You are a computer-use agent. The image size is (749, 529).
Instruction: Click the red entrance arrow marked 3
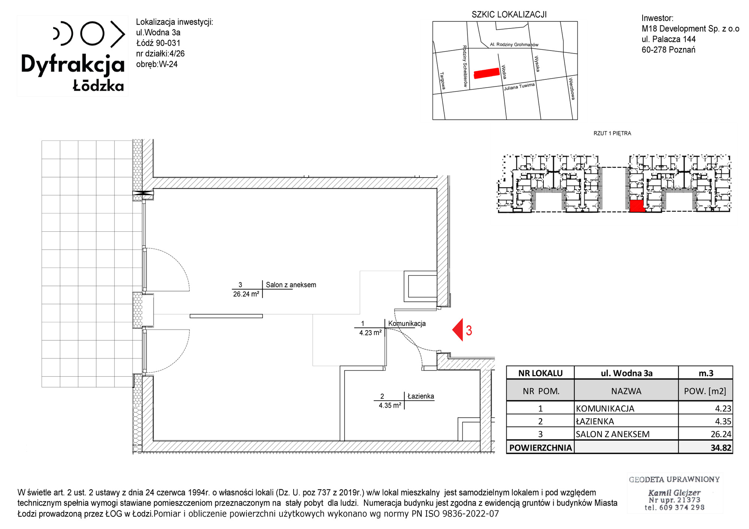458,330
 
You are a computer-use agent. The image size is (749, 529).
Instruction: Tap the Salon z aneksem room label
291,285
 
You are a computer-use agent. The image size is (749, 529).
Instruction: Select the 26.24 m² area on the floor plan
246,294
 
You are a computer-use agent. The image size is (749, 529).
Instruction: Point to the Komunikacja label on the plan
407,323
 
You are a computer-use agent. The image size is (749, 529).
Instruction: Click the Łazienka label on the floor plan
421,396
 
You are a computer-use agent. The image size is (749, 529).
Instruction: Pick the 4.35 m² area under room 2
390,405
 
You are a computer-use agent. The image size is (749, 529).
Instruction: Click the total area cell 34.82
721,448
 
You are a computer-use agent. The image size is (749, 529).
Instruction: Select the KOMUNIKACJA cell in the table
605,408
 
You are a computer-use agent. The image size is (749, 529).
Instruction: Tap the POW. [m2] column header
705,391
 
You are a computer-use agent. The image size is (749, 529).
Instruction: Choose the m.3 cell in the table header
706,373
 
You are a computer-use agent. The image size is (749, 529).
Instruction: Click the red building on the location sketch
487,73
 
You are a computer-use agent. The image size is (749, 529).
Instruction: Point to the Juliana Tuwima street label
519,87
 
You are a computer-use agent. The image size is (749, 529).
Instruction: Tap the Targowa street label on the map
443,81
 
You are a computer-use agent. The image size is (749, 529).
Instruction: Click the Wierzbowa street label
571,88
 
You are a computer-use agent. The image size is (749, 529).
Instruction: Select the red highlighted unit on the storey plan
637,206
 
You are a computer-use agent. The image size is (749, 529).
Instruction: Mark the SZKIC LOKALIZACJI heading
509,15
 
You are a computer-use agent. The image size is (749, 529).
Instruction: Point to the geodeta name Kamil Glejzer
674,493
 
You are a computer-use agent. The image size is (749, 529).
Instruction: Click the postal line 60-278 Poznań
668,50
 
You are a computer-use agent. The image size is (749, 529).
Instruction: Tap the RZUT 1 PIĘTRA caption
612,133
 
